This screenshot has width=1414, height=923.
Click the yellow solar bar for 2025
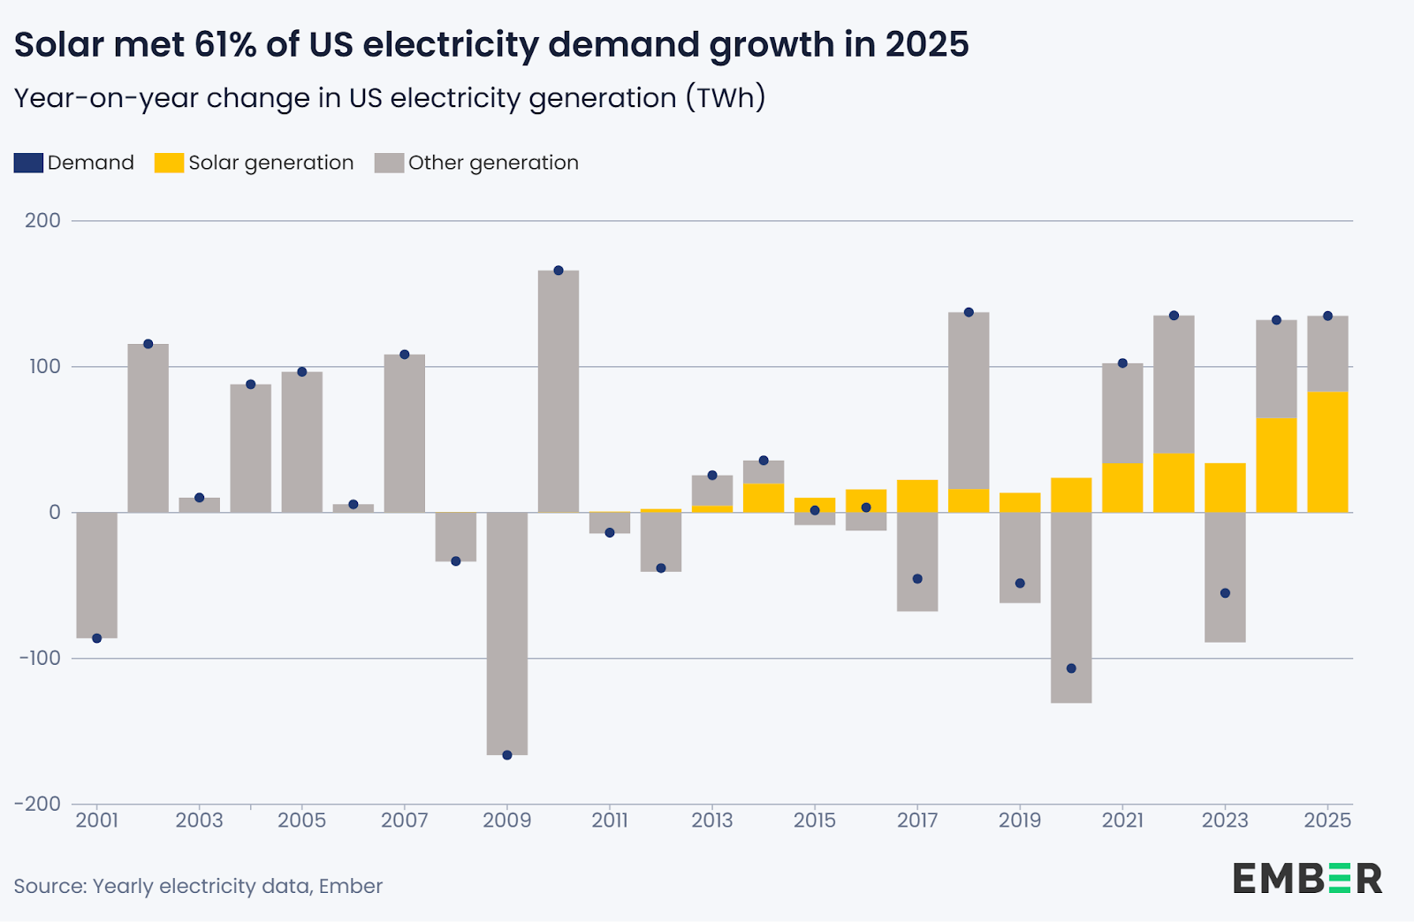click(1327, 452)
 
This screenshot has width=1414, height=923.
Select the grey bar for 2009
click(507, 633)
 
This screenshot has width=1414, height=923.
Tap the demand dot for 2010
click(559, 271)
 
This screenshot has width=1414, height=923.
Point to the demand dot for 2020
click(1071, 668)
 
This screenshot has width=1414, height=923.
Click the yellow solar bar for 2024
click(1276, 465)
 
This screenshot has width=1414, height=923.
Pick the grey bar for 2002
click(148, 428)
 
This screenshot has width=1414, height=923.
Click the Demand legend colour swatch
click(28, 163)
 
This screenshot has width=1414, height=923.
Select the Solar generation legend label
click(270, 163)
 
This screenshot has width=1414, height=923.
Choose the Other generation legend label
click(493, 163)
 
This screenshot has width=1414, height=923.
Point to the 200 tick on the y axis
click(43, 221)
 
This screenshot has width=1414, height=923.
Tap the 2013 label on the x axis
click(712, 820)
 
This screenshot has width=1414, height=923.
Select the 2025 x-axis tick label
click(1327, 820)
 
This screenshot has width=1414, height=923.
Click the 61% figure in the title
click(225, 44)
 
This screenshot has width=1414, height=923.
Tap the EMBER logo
click(1308, 879)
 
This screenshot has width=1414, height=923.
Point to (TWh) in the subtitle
click(726, 97)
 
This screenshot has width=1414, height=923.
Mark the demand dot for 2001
click(97, 638)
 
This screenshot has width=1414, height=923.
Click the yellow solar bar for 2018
click(969, 500)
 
